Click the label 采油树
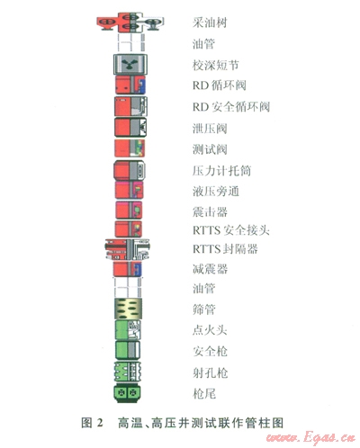[x=210, y=22]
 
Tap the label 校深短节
[x=216, y=65]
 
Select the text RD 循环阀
[x=220, y=85]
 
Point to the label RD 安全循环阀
[x=231, y=107]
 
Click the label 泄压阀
[x=210, y=129]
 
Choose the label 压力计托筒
[x=221, y=171]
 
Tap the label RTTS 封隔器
[x=225, y=249]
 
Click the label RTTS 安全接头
[x=231, y=230]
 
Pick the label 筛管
[x=204, y=309]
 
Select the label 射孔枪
[x=210, y=372]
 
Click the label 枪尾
[x=204, y=393]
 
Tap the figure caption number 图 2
[x=92, y=423]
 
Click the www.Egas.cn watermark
[x=310, y=437]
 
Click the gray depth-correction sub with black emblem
[x=130, y=65]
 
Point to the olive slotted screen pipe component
[x=129, y=309]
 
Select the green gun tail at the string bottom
[x=128, y=392]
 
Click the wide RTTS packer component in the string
[x=128, y=249]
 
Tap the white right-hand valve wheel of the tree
[x=154, y=22]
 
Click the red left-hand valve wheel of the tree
[x=107, y=22]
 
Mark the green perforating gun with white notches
[x=128, y=372]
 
